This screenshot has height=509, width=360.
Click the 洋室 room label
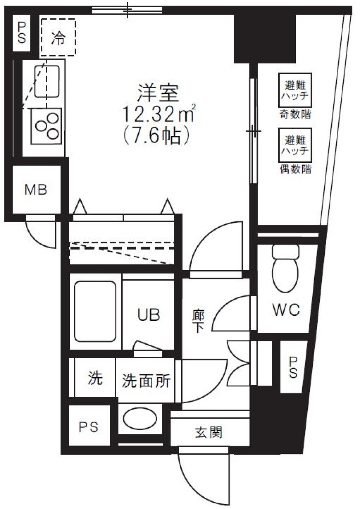[x=158, y=93]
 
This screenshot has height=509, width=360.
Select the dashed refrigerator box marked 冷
[x=58, y=38]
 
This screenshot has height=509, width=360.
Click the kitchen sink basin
[x=47, y=81]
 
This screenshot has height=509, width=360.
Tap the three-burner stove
[x=46, y=126]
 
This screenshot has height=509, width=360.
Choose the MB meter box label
[x=36, y=189]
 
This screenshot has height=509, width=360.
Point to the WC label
[x=286, y=310]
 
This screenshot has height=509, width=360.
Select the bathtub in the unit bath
[x=94, y=311]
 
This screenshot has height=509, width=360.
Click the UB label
[x=148, y=315]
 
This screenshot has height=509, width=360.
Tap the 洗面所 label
[x=146, y=381]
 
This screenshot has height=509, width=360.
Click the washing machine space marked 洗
[x=95, y=378]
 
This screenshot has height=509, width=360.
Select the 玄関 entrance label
[x=208, y=432]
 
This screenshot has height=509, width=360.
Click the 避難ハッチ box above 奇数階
[x=295, y=90]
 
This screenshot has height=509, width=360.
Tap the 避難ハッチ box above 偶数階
[x=295, y=146]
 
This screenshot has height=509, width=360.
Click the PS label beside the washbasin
[x=88, y=426]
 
